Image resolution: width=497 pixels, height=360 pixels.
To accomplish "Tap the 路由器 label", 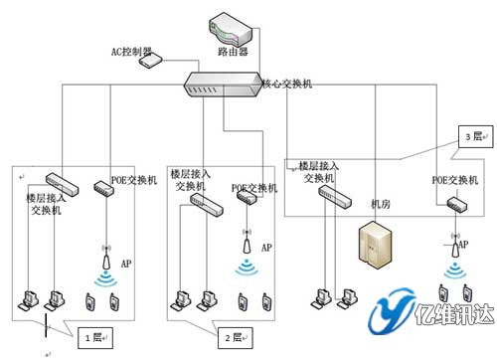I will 232,49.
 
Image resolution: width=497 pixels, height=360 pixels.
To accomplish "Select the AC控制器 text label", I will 130,50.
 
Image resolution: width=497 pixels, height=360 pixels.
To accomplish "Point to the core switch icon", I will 224,87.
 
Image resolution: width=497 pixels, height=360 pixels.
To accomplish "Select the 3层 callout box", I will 468,134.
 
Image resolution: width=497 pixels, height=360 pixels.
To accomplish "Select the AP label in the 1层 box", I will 126,265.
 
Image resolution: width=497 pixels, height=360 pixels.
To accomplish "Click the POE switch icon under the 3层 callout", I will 457,206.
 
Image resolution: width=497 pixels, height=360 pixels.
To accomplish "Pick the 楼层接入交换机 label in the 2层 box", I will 189,179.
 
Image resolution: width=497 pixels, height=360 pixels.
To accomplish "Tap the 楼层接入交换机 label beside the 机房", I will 320,171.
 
